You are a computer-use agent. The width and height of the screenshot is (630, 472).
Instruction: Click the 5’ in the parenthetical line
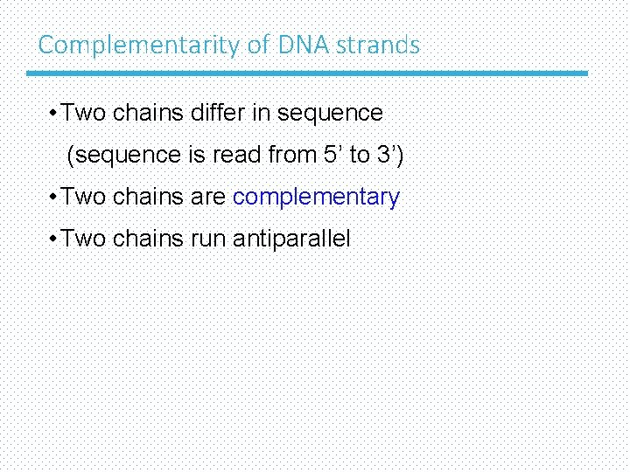[x=330, y=155]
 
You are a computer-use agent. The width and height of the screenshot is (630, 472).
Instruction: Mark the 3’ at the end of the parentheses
[x=389, y=155]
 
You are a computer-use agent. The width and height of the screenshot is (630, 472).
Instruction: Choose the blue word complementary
[x=316, y=198]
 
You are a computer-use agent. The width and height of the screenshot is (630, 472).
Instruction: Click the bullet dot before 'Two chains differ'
[x=54, y=114]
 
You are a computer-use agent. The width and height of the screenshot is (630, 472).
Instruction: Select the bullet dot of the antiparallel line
[x=54, y=239]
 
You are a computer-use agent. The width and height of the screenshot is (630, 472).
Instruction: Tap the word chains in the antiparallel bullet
[x=148, y=239]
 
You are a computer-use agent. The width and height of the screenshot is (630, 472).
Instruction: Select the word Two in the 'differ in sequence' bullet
[x=84, y=113]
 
